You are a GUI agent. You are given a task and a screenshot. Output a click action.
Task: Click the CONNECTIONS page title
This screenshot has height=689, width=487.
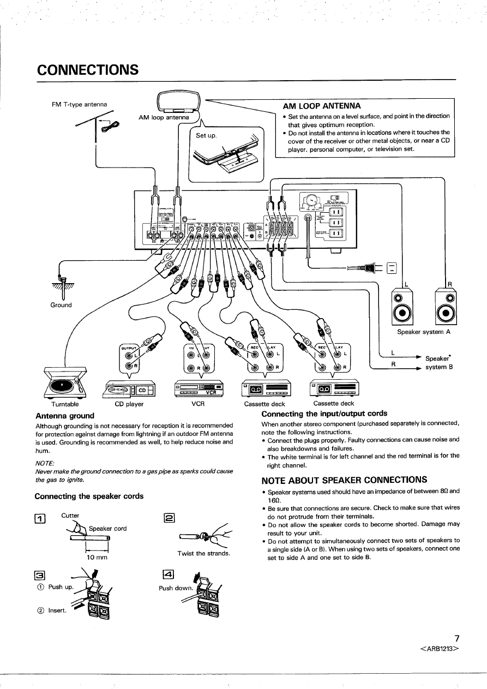(87, 70)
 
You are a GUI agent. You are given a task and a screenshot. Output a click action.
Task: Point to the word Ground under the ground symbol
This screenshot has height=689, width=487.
(61, 305)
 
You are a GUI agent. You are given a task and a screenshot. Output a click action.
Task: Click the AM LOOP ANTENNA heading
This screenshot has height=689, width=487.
(321, 106)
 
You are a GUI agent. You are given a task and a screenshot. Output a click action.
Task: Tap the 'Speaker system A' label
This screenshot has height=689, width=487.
(424, 332)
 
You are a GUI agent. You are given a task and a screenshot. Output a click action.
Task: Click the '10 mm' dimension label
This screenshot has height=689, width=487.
(96, 558)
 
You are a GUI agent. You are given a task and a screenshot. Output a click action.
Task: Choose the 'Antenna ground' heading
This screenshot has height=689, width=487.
(64, 416)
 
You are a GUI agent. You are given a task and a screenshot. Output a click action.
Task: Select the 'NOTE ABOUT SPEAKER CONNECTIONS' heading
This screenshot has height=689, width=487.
(344, 480)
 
